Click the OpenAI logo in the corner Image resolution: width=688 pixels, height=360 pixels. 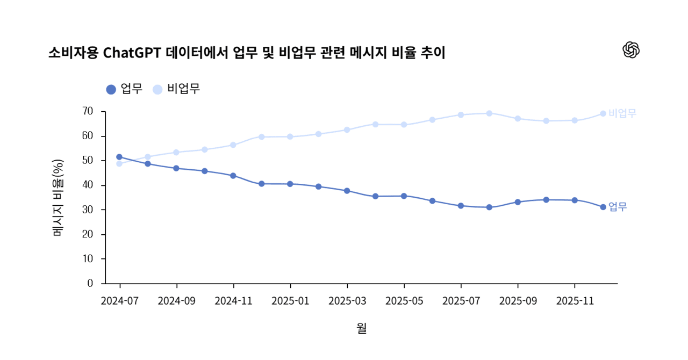pos(631,50)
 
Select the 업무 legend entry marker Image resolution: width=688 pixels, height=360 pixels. pos(111,89)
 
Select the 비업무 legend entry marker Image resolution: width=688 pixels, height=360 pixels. pos(157,89)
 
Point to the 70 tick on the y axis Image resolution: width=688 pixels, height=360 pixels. pos(88,112)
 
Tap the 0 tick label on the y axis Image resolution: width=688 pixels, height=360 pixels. pos(90,283)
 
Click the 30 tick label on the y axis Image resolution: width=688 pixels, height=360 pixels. pos(88,210)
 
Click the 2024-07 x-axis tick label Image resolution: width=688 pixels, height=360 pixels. pos(119,301)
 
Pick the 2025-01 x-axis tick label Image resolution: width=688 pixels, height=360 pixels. pos(290,301)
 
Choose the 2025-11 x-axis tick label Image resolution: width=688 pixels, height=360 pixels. pos(575,301)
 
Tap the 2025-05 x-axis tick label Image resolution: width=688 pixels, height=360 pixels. pos(404,301)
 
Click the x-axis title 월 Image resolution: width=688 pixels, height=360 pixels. pos(361,328)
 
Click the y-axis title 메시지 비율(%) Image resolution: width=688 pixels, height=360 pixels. pos(58,198)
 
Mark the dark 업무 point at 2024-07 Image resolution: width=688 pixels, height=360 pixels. pos(119,157)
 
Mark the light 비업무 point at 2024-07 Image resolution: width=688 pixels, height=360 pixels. pos(119,163)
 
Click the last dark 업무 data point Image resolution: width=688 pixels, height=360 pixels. pos(603,207)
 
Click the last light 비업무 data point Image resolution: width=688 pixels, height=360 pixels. pos(603,113)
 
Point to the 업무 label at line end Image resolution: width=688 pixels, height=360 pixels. pos(618,207)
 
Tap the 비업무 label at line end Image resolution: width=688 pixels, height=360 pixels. pos(622,113)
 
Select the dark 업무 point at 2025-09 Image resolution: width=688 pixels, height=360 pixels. pos(518,202)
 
